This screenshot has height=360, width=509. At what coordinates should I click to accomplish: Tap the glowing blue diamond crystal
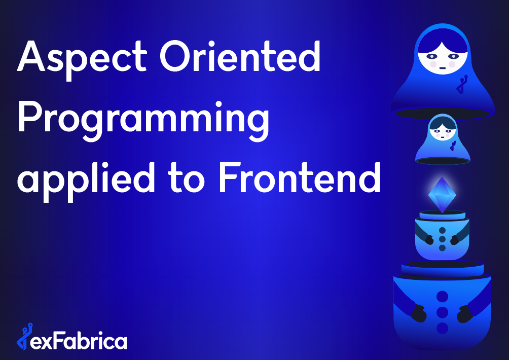pyautogui.click(x=442, y=194)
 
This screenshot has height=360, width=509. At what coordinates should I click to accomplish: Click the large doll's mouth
pyautogui.click(x=443, y=67)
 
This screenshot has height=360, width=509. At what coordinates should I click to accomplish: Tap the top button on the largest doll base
pyautogui.click(x=443, y=296)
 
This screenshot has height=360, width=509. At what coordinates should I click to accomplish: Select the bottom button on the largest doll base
pyautogui.click(x=443, y=328)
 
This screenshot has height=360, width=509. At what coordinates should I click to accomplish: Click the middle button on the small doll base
pyautogui.click(x=442, y=238)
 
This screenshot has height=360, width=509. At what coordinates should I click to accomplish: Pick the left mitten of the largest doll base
pyautogui.click(x=418, y=313)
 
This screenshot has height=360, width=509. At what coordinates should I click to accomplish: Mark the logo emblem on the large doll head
pyautogui.click(x=461, y=84)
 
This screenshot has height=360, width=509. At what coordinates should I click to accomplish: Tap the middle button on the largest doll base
pyautogui.click(x=443, y=312)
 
